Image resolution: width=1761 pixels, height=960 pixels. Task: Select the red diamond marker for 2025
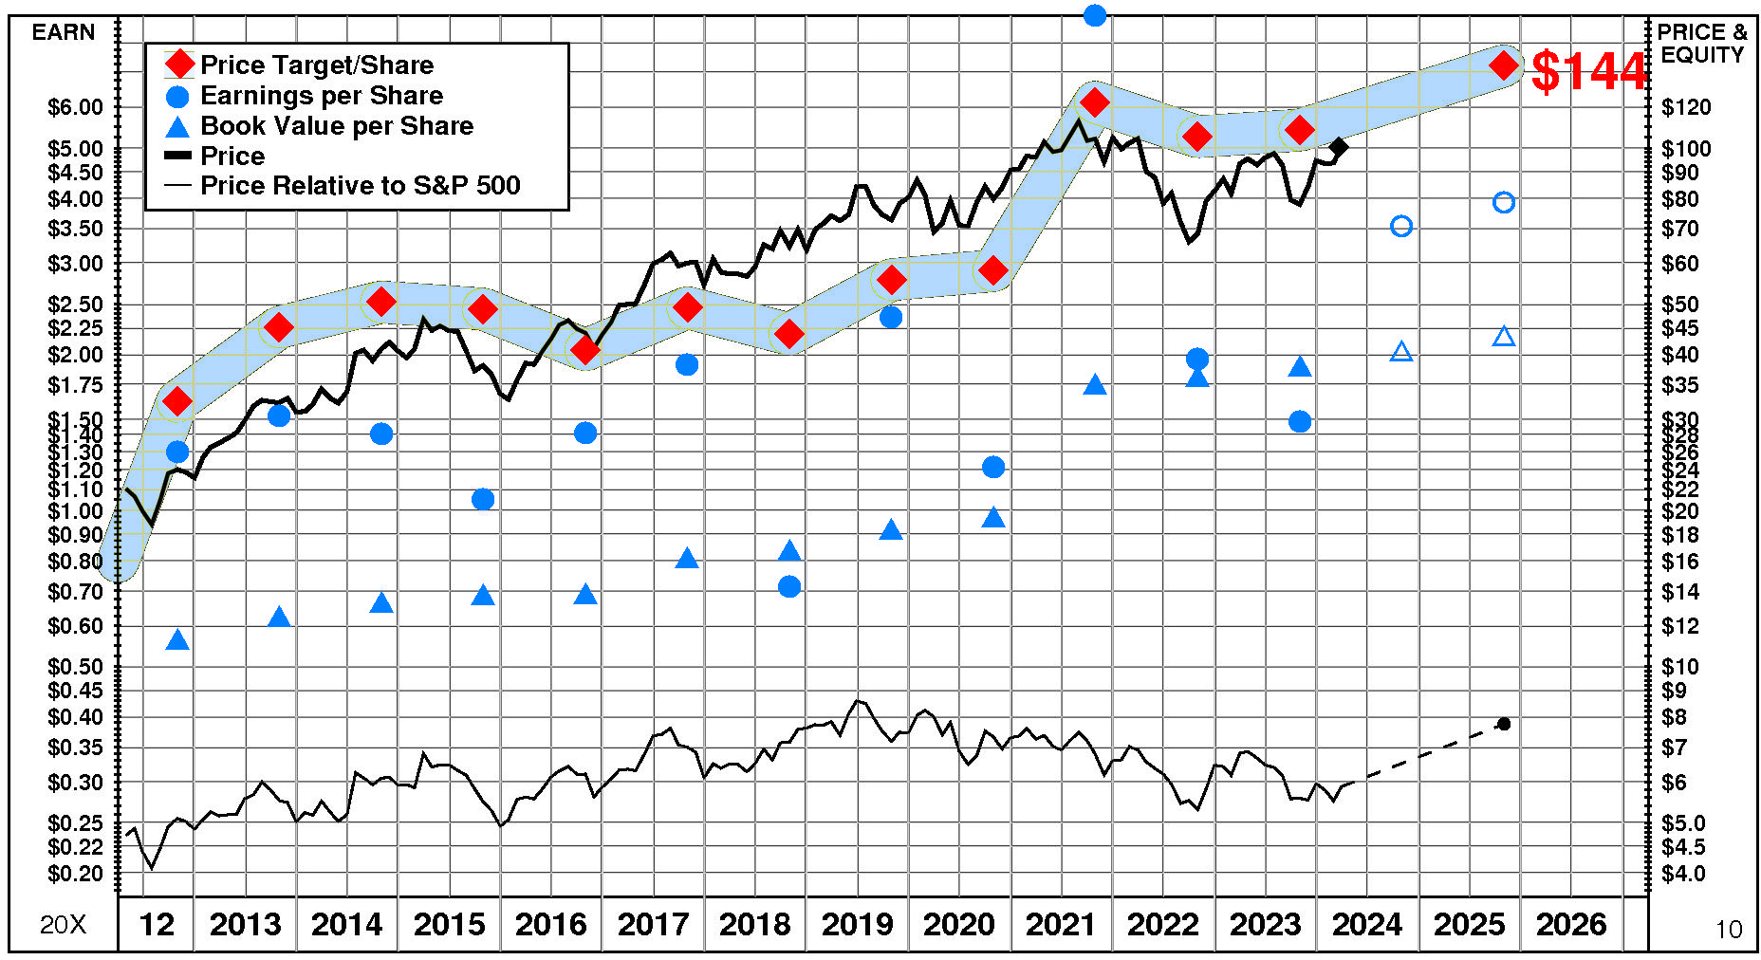(1503, 65)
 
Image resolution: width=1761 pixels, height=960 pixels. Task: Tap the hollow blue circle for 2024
(1401, 226)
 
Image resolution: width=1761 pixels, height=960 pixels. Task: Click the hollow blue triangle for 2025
(1503, 337)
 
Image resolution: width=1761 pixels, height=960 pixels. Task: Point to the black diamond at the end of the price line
(1338, 147)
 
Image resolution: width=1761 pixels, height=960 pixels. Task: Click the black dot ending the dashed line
(1504, 724)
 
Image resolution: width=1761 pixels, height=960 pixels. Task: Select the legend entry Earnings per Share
(321, 96)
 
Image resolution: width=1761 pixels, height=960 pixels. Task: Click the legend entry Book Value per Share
(336, 126)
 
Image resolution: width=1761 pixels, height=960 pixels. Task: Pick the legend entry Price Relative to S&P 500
(360, 186)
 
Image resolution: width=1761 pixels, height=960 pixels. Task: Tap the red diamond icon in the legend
(178, 65)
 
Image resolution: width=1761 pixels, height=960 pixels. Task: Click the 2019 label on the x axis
(857, 924)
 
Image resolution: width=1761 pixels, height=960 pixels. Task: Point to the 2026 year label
(1571, 924)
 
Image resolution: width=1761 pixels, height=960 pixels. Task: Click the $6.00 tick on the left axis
(76, 107)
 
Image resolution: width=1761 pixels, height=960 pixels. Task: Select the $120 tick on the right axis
(1686, 107)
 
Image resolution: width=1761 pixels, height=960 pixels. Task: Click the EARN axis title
(64, 32)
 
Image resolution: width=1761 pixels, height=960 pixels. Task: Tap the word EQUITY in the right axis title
(1702, 55)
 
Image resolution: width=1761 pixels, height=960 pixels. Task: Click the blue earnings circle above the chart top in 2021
(1094, 15)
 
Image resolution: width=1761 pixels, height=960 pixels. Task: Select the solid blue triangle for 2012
(177, 640)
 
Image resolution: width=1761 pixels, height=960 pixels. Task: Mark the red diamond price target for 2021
(1094, 102)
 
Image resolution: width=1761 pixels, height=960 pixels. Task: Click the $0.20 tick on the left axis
(76, 874)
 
